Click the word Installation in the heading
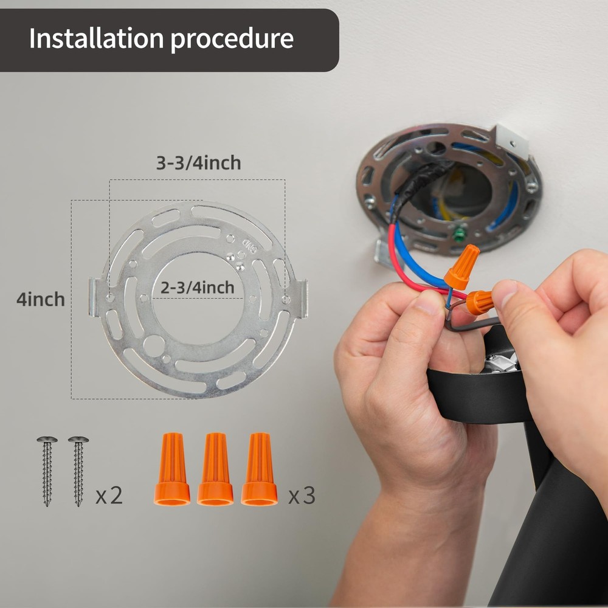(x=95, y=39)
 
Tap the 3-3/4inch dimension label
(x=198, y=163)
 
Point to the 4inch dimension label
(x=41, y=300)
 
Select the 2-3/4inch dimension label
(x=198, y=287)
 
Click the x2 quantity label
(x=109, y=496)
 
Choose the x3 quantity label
(x=302, y=496)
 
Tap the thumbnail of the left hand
(x=430, y=302)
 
